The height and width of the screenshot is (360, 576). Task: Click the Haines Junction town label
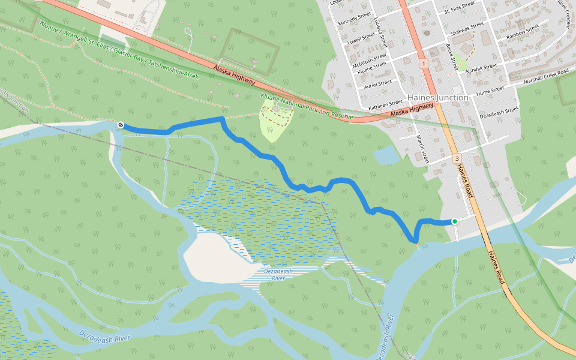437,97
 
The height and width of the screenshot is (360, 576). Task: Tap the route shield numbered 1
424,64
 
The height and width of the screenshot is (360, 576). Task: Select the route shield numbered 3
457,159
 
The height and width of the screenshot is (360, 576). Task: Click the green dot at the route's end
454,221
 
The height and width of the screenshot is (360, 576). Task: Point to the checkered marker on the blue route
121,125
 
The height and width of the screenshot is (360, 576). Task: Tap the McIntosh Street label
370,61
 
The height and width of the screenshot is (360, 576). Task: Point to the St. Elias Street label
460,8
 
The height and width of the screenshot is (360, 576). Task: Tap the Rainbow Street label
523,32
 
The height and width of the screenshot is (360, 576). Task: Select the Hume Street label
490,90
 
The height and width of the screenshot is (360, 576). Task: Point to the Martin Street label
423,149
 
